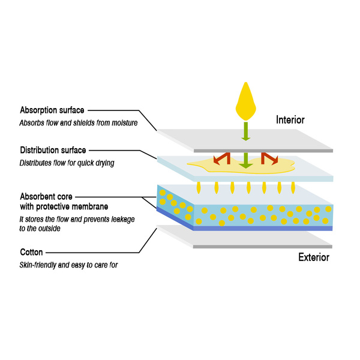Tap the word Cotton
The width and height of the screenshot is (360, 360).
32,253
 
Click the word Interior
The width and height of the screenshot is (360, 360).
290,120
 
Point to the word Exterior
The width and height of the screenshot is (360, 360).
314,258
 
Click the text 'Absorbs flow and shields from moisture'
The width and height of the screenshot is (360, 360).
79,124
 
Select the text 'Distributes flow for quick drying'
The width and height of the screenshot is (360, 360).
68,163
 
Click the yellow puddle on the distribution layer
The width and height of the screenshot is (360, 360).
198,166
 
